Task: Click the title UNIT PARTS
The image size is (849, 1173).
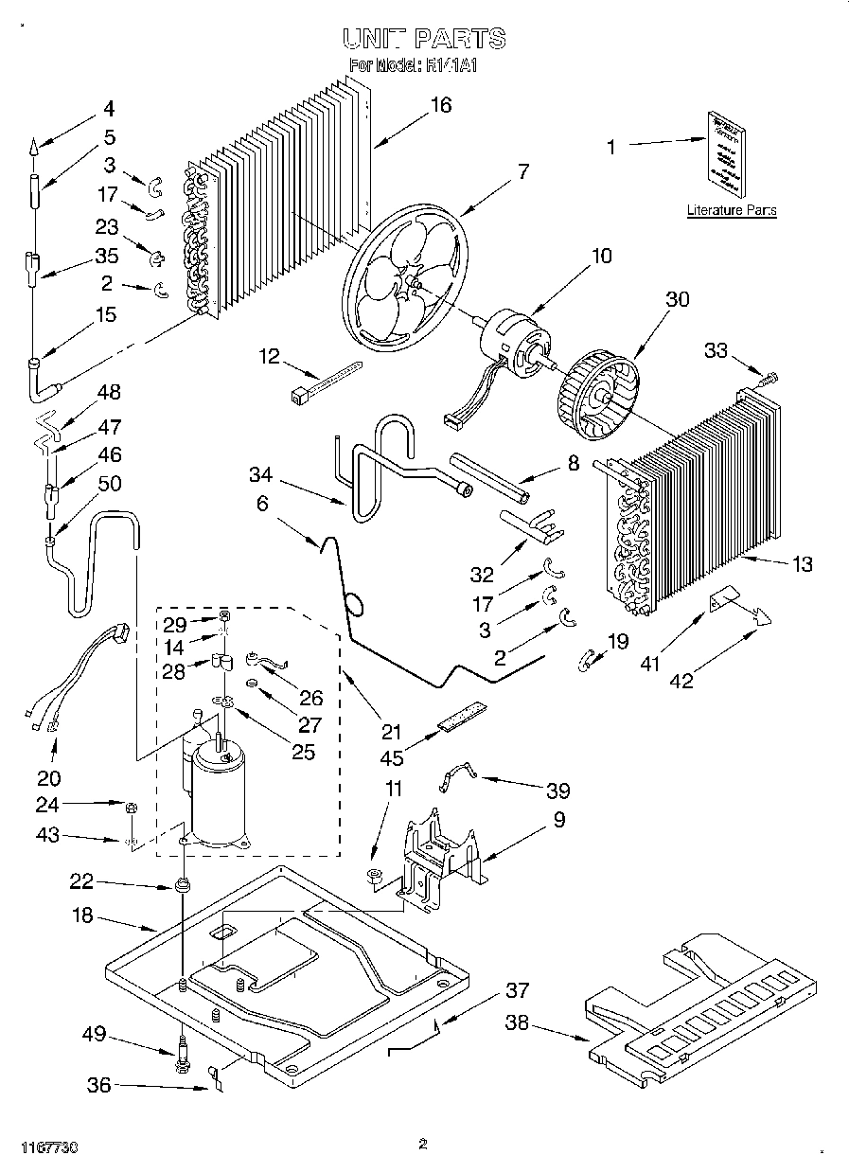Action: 423,39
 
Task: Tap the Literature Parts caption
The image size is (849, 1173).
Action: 731,210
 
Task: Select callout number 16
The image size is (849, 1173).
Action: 440,105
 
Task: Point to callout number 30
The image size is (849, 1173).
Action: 677,299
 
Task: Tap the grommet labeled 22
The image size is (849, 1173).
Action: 180,887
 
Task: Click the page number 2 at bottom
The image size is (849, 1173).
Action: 423,1144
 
